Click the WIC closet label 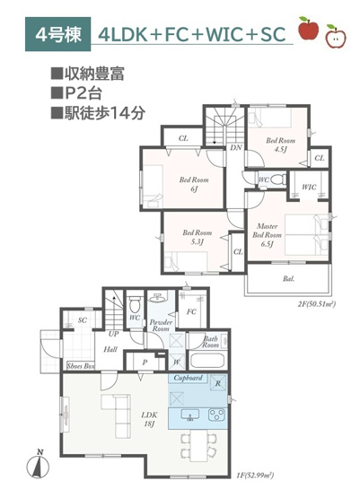pyautogui.click(x=309, y=187)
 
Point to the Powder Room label pyautogui.click(x=161, y=325)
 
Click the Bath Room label pyautogui.click(x=210, y=341)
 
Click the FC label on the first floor pyautogui.click(x=190, y=313)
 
